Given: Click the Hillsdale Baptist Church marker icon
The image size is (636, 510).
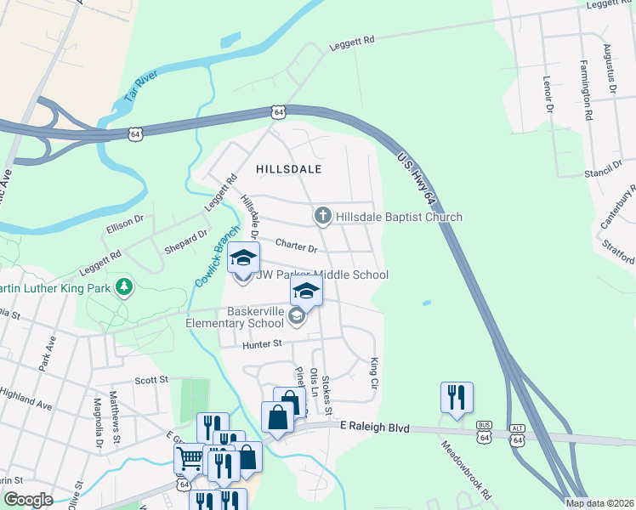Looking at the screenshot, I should click(322, 216).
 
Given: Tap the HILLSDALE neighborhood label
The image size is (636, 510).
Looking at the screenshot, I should click(289, 169).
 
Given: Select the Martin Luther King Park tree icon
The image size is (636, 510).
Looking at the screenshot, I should click(125, 286).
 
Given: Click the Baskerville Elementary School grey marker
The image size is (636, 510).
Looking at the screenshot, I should click(297, 317).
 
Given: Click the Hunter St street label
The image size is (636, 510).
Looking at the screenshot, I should click(261, 343).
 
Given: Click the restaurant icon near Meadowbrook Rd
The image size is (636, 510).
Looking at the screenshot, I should click(457, 397).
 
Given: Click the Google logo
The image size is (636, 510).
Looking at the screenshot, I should click(28, 500).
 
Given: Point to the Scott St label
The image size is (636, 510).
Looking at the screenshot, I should click(151, 380).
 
